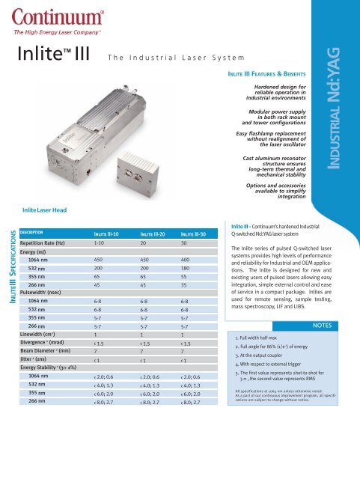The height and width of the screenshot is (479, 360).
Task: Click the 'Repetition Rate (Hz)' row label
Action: tap(49, 244)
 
